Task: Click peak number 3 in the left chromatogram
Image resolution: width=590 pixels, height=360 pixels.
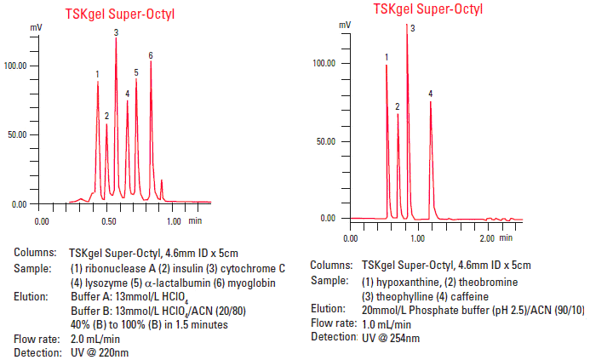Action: (x=116, y=32)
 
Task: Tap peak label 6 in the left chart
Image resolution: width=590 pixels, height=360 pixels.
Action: (x=151, y=56)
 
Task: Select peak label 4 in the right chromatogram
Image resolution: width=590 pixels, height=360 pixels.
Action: (x=431, y=94)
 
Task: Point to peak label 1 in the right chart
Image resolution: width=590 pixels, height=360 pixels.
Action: (x=387, y=58)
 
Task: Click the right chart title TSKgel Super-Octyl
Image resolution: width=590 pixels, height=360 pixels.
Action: (x=428, y=9)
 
